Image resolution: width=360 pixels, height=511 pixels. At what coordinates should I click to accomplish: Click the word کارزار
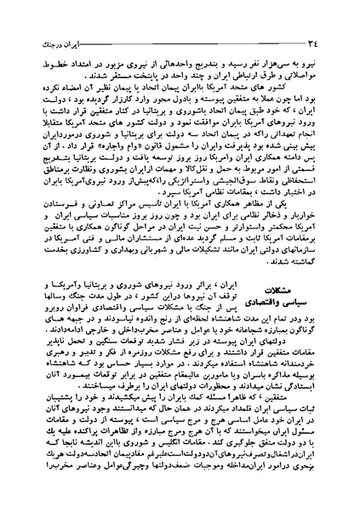pos(129,109)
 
